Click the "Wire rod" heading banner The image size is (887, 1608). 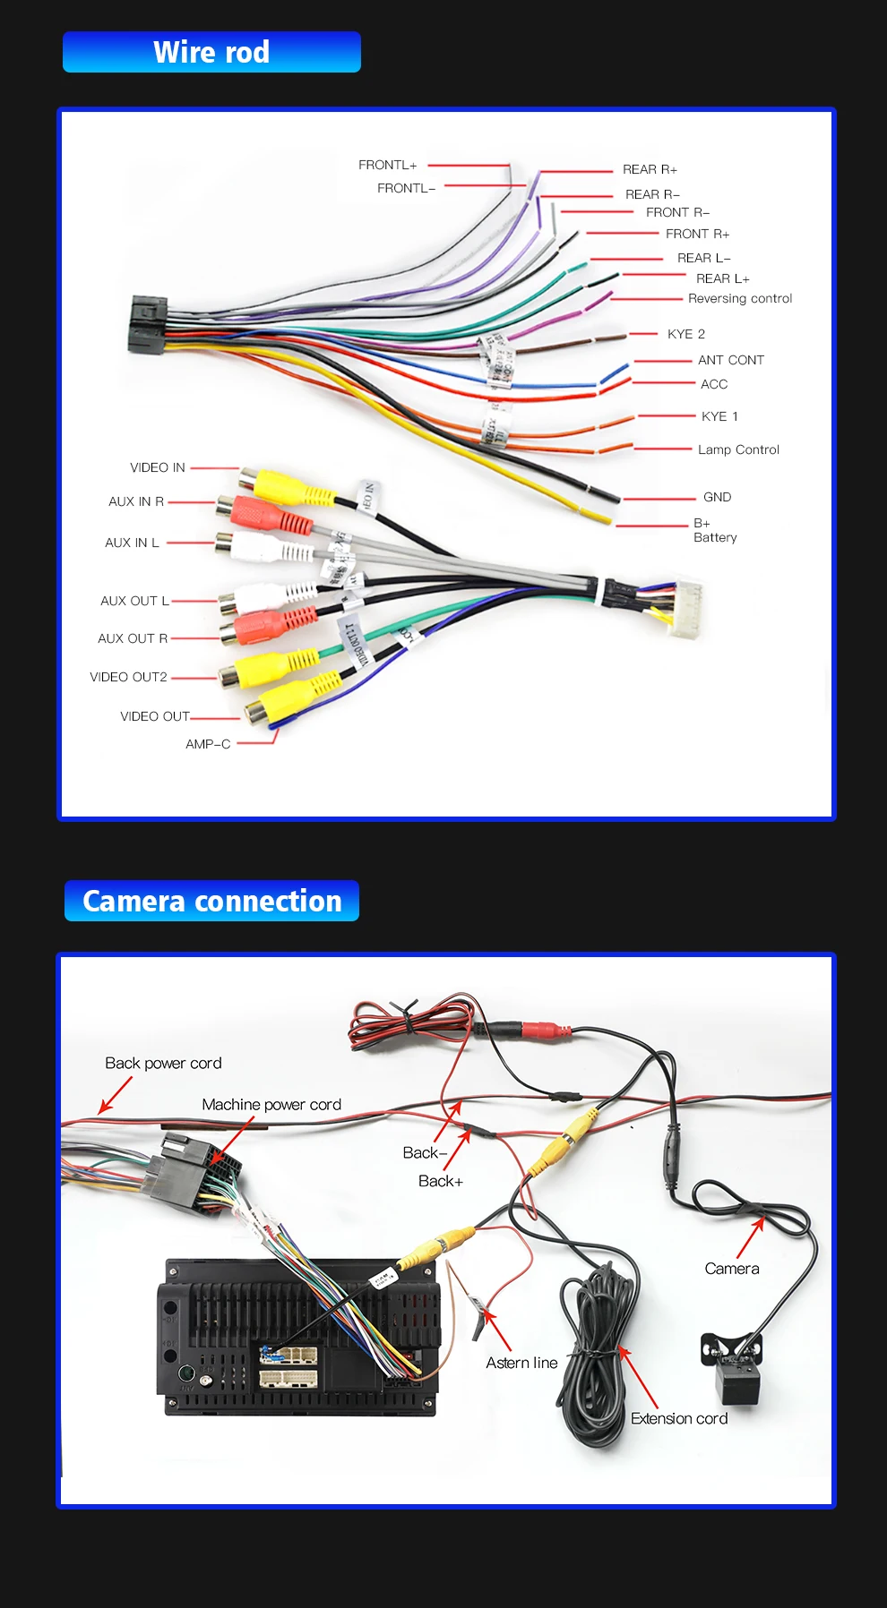(211, 52)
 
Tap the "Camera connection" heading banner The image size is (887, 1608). (211, 901)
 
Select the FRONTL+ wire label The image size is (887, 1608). (387, 165)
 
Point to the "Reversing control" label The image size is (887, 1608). (740, 298)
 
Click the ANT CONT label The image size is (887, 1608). (730, 360)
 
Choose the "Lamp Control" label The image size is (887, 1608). (738, 449)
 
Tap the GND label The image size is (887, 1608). (717, 497)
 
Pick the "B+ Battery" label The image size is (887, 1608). (714, 530)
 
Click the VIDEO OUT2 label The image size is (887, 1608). (128, 677)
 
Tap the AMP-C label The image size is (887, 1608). (208, 744)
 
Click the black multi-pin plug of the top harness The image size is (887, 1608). (147, 324)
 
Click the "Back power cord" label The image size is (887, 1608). (163, 1063)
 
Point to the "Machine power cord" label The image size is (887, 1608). (271, 1105)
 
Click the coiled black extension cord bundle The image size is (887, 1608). (596, 1352)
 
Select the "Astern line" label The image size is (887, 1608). (521, 1363)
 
